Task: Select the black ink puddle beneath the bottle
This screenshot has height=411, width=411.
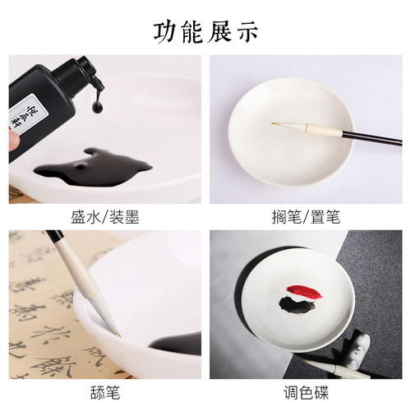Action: point(90,169)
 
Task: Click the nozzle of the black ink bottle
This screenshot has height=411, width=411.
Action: point(93,80)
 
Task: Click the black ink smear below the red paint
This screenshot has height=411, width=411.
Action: point(295,307)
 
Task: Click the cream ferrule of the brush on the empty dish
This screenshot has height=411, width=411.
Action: point(308,127)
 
